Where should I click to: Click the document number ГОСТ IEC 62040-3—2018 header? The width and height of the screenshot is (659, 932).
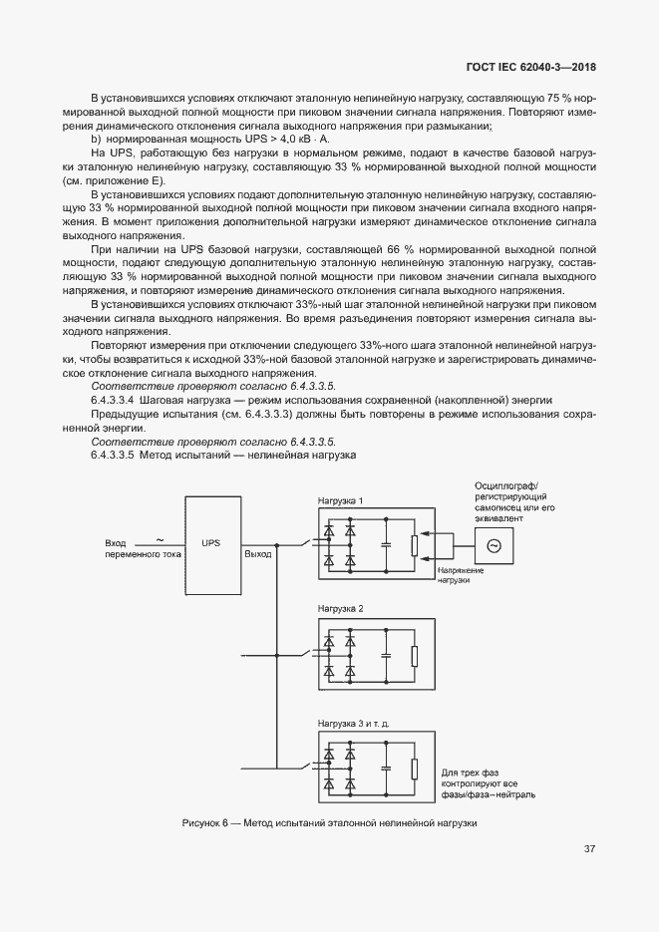pyautogui.click(x=537, y=68)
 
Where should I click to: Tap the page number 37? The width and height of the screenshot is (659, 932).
pyautogui.click(x=589, y=849)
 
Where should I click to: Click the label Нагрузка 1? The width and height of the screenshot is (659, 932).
pyautogui.click(x=341, y=500)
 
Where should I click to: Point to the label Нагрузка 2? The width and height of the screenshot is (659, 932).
pyautogui.click(x=341, y=608)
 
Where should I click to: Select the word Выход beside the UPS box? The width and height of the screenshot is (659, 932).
pyautogui.click(x=258, y=553)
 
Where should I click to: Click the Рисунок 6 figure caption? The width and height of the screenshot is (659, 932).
pyautogui.click(x=330, y=823)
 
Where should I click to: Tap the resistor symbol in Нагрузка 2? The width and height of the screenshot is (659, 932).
pyautogui.click(x=413, y=656)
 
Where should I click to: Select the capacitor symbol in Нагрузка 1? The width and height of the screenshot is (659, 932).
pyautogui.click(x=385, y=545)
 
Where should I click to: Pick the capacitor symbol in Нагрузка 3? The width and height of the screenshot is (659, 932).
pyautogui.click(x=385, y=768)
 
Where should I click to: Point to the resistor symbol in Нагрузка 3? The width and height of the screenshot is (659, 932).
pyautogui.click(x=413, y=768)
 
